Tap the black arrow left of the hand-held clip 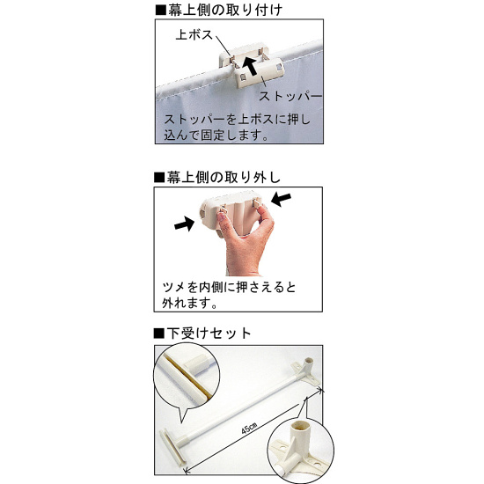[183, 226]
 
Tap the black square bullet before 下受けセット [159, 334]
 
